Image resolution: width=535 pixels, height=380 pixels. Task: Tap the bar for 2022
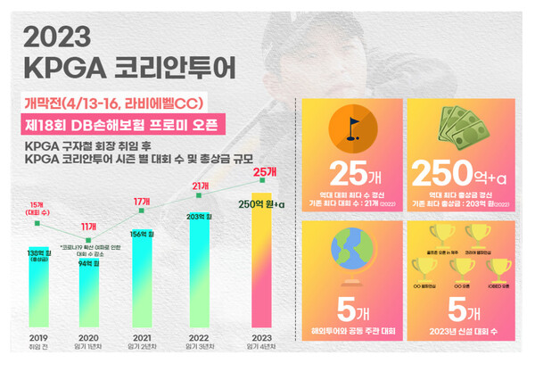(199, 268)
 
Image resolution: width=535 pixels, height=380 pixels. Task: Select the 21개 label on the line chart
(198, 185)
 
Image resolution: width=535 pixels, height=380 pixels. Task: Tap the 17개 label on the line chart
(142, 202)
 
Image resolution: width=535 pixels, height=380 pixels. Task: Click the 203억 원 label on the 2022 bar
(199, 216)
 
